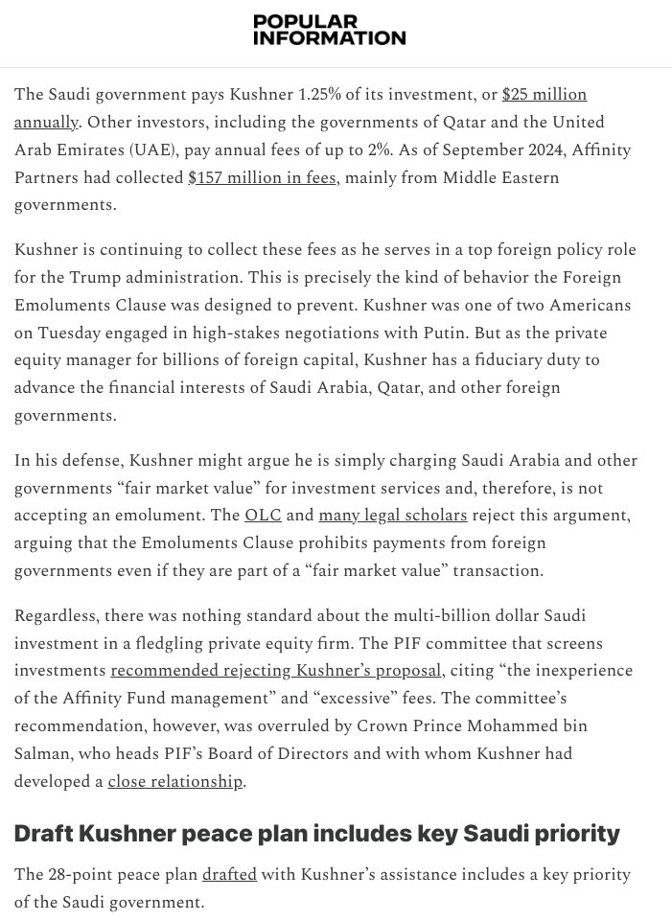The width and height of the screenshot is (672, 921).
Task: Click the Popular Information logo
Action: (329, 30)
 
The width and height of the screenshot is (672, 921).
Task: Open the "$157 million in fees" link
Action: (263, 178)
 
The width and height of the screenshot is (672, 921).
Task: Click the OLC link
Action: (263, 515)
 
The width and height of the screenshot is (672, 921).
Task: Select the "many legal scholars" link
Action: (393, 515)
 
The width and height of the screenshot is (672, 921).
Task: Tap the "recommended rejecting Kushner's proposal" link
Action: (276, 670)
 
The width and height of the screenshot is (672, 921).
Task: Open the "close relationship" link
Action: (174, 781)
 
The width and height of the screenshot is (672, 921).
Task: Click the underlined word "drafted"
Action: (229, 875)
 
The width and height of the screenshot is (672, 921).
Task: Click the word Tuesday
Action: (75, 333)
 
